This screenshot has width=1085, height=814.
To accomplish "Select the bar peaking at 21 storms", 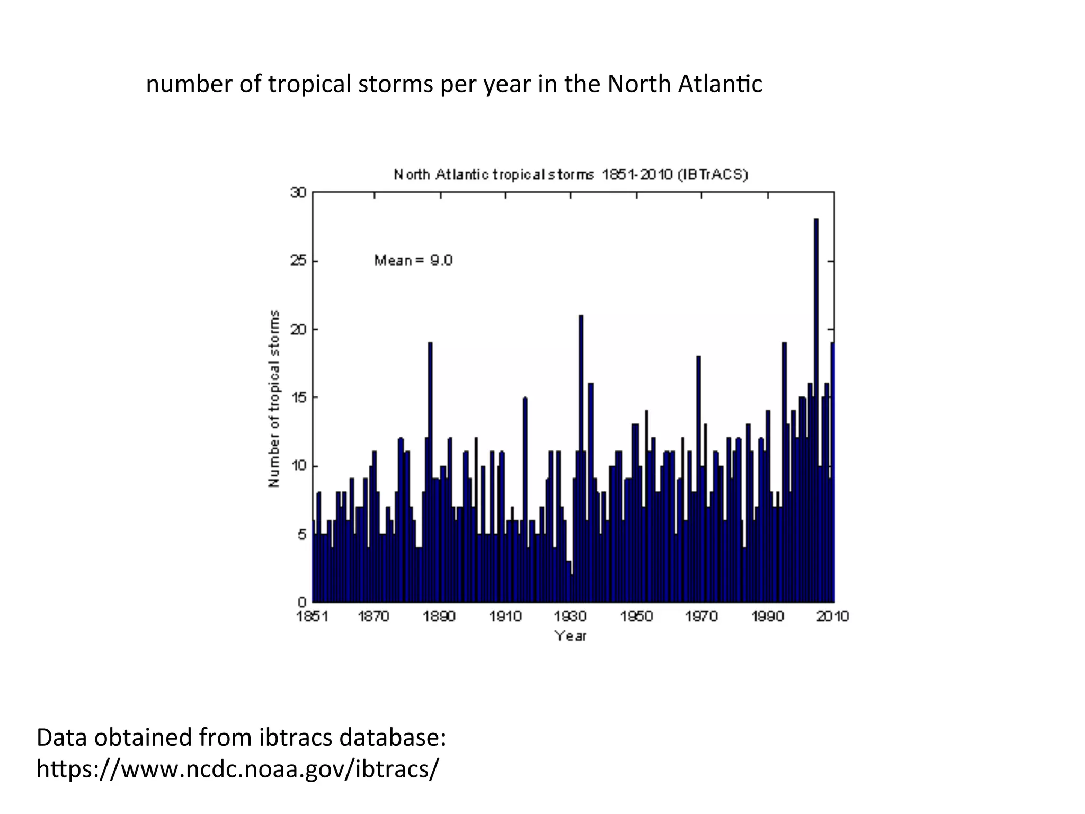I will click(x=581, y=456).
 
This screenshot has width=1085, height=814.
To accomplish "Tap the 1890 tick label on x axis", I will click(x=440, y=616).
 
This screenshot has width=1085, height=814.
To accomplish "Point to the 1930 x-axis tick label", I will click(x=571, y=616).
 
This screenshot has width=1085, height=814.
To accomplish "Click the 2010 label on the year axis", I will click(x=832, y=616).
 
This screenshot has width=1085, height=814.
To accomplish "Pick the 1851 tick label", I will click(x=313, y=616).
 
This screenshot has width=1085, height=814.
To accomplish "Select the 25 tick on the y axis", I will click(x=298, y=261).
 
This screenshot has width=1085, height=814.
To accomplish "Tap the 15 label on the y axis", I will click(x=298, y=397).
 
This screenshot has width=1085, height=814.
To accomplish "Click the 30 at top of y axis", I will click(x=298, y=192).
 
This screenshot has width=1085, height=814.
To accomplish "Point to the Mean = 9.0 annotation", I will click(x=413, y=260).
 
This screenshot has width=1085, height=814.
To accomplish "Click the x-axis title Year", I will click(x=571, y=636).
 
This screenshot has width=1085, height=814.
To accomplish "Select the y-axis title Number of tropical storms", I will click(x=274, y=399).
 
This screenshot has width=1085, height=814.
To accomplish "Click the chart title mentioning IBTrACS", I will click(x=571, y=174).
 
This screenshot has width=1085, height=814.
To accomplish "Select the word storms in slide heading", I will click(x=395, y=84).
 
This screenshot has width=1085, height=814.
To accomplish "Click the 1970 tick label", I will click(x=701, y=616).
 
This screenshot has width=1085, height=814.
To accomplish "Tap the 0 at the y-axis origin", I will click(x=302, y=602).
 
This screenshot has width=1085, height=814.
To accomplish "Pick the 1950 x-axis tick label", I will click(x=636, y=616).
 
